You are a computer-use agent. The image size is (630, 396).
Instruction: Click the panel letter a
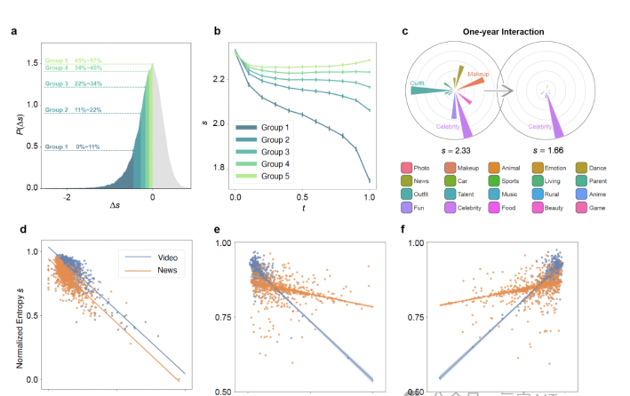(14, 32)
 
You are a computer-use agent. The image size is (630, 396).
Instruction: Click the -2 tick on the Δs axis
(68, 197)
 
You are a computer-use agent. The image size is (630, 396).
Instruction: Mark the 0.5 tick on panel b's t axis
(302, 197)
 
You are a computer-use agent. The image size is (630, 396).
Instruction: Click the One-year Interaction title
(503, 32)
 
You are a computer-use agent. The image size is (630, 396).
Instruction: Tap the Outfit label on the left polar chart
(417, 83)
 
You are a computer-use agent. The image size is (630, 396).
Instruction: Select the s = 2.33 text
(456, 152)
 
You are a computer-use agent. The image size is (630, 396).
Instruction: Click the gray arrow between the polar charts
(503, 91)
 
